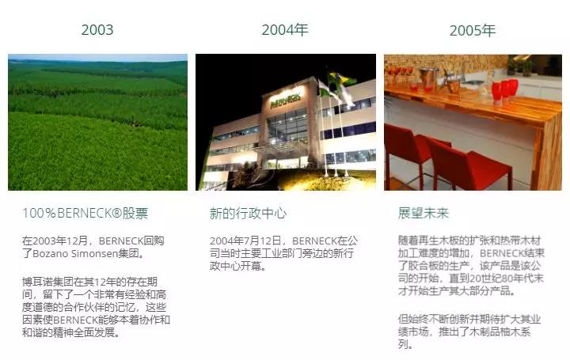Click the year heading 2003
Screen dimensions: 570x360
pyautogui.click(x=97, y=30)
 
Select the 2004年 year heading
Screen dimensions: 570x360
pyautogui.click(x=285, y=30)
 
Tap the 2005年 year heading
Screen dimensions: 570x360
pyautogui.click(x=473, y=31)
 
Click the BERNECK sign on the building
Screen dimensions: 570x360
pyautogui.click(x=286, y=99)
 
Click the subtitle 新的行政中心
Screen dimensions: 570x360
pyautogui.click(x=249, y=214)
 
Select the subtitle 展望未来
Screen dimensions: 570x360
pyautogui.click(x=424, y=214)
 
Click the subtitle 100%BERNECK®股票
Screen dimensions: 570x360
pyautogui.click(x=85, y=214)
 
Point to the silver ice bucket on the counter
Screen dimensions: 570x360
pyautogui.click(x=428, y=78)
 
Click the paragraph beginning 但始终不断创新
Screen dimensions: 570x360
pyautogui.click(x=469, y=332)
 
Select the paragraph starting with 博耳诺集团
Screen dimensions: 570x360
pyautogui.click(x=96, y=307)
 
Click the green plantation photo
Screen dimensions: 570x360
pyautogui.click(x=98, y=123)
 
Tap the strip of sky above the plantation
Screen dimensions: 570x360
pyautogui.click(x=98, y=58)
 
